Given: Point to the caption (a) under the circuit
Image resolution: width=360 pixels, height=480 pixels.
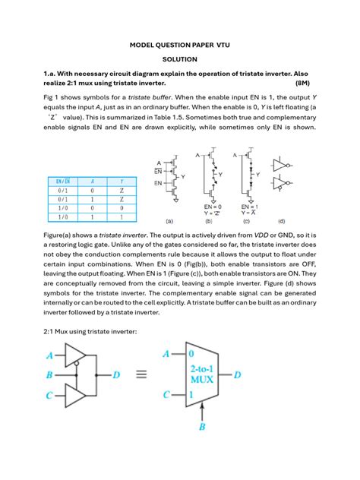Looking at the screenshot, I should point(169,223).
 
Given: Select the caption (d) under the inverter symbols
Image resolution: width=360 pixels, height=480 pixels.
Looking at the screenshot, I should point(282,223).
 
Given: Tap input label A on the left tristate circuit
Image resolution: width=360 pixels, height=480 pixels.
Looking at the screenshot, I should point(49,355).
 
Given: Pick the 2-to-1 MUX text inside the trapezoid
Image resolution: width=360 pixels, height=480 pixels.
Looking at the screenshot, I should point(200,374).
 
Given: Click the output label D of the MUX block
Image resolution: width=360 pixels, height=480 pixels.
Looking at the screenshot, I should point(238,374).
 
